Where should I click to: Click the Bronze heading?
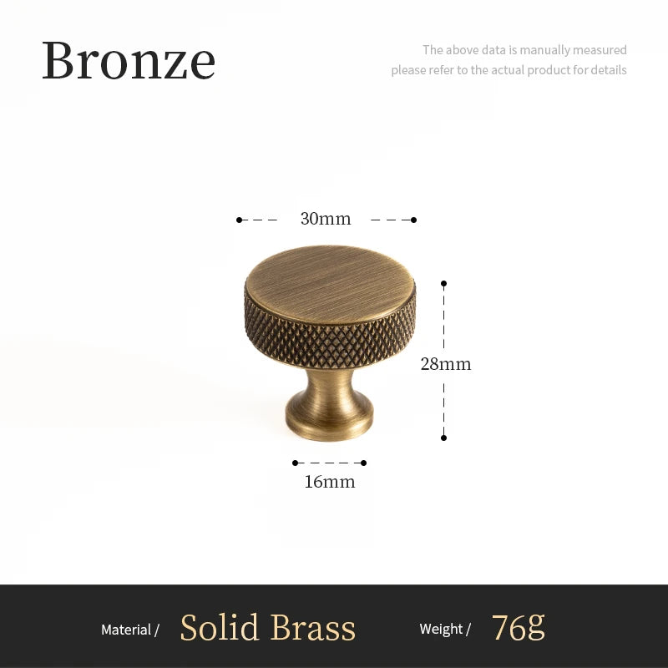point(129,60)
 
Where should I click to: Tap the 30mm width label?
point(326,220)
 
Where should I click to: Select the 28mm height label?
point(446,364)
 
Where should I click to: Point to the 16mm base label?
point(330,482)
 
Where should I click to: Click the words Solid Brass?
point(268,628)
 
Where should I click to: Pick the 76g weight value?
point(518,627)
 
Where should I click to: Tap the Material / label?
point(130,630)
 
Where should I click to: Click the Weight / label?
point(445,630)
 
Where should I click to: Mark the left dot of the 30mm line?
point(239,220)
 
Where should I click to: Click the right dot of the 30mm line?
point(414,220)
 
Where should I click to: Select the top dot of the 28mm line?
point(443,283)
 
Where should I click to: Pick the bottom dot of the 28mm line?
point(443,438)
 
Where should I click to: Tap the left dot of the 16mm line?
point(295,463)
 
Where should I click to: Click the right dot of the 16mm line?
point(364,463)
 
